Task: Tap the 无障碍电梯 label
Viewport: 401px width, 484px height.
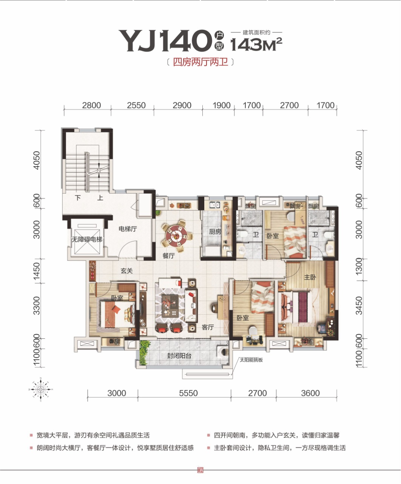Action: [x=87, y=239]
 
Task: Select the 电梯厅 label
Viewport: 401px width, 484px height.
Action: [x=128, y=229]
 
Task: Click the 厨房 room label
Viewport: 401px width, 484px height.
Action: [x=215, y=231]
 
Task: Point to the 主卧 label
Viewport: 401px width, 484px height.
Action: [x=310, y=277]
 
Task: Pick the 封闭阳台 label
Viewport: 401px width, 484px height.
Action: [x=179, y=356]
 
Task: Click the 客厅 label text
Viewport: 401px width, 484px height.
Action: [x=208, y=327]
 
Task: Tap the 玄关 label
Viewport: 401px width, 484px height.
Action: [x=126, y=271]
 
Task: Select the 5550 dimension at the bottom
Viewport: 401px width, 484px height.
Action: [x=188, y=393]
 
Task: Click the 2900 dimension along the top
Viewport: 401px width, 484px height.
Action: [x=182, y=105]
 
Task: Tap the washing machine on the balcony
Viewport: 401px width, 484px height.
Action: [x=223, y=352]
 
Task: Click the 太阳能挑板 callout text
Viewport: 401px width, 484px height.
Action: [x=251, y=360]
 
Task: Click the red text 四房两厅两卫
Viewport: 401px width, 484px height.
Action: [x=200, y=62]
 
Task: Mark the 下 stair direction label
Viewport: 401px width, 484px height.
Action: [x=78, y=198]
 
